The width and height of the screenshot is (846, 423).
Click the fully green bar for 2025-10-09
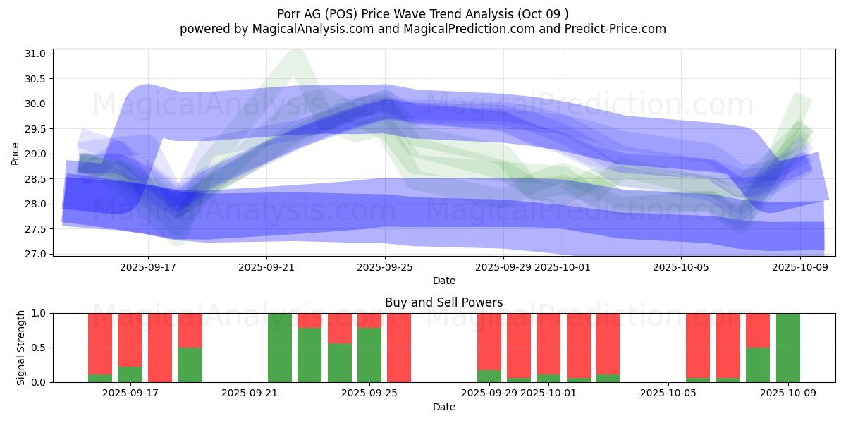click(x=787, y=348)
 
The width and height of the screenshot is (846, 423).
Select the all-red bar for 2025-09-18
click(x=160, y=348)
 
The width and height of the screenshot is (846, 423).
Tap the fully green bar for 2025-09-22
click(x=280, y=348)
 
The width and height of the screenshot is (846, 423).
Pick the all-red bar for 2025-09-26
click(x=399, y=348)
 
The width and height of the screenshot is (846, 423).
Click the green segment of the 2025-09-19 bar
click(x=190, y=365)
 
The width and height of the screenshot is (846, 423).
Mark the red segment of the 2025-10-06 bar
click(x=698, y=345)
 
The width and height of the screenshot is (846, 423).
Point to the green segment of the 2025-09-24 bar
click(x=340, y=363)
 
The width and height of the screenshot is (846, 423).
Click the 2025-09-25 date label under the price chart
click(x=385, y=268)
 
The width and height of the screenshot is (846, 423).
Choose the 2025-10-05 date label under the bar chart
click(x=666, y=394)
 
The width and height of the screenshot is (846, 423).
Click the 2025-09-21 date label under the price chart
click(x=266, y=268)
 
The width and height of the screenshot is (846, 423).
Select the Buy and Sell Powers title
click(x=444, y=302)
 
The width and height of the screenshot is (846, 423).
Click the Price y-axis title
click(x=16, y=154)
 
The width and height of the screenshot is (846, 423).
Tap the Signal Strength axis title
click(x=21, y=348)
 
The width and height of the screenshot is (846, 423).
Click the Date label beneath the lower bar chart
click(x=444, y=407)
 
